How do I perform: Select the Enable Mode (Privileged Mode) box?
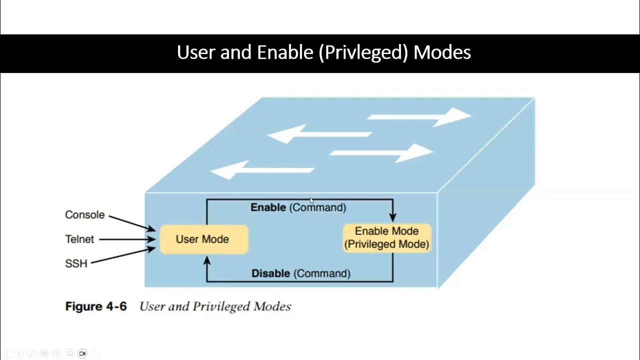click(386, 238)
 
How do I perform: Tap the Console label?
click(85, 214)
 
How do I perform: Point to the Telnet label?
click(79, 239)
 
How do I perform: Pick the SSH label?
click(76, 263)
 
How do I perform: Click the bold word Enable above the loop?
click(268, 207)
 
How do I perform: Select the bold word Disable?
click(270, 273)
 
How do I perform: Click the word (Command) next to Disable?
click(322, 273)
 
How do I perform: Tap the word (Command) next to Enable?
click(318, 207)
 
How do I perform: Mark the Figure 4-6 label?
click(96, 306)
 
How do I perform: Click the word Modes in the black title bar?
click(442, 52)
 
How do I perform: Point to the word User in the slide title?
click(196, 52)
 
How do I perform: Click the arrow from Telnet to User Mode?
click(127, 239)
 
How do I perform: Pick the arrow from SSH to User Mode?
click(123, 255)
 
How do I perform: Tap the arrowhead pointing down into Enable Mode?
click(392, 217)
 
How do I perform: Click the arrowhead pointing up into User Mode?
click(207, 260)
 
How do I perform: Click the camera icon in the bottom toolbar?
click(82, 353)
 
